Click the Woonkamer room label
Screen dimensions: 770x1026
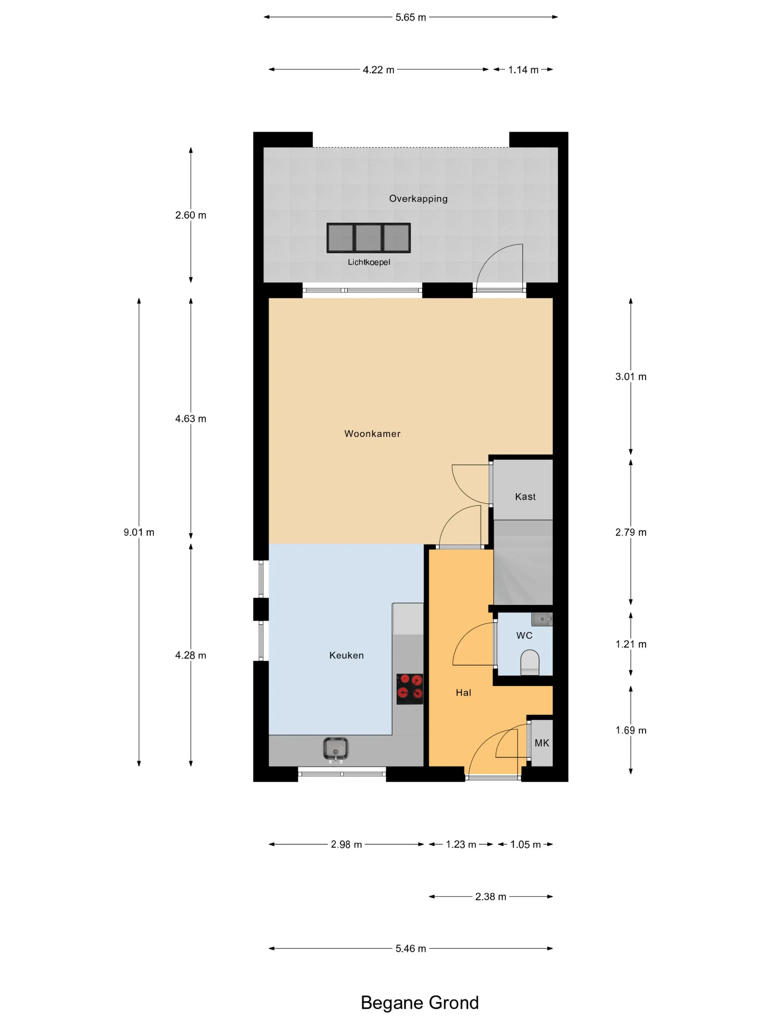(x=372, y=434)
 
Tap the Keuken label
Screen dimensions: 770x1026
(x=346, y=656)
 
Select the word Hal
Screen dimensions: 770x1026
(x=463, y=693)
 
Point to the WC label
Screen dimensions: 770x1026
(x=524, y=635)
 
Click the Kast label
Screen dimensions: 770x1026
(x=525, y=497)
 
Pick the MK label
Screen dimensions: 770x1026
(x=542, y=743)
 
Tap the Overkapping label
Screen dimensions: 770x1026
(x=418, y=199)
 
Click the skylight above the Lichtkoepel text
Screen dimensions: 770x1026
(x=368, y=238)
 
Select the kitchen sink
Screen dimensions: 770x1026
(x=335, y=750)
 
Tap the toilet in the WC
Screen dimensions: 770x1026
(x=529, y=662)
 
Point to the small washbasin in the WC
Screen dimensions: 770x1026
(x=542, y=619)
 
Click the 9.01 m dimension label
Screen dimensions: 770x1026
(x=139, y=532)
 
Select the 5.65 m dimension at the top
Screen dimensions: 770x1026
(x=411, y=17)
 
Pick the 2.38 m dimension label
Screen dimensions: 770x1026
(x=491, y=897)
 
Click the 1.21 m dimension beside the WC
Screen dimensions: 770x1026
(x=631, y=644)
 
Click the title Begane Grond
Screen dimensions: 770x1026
(x=419, y=1003)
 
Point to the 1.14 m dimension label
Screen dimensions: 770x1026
(x=523, y=70)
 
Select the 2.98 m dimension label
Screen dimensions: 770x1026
(x=346, y=844)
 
